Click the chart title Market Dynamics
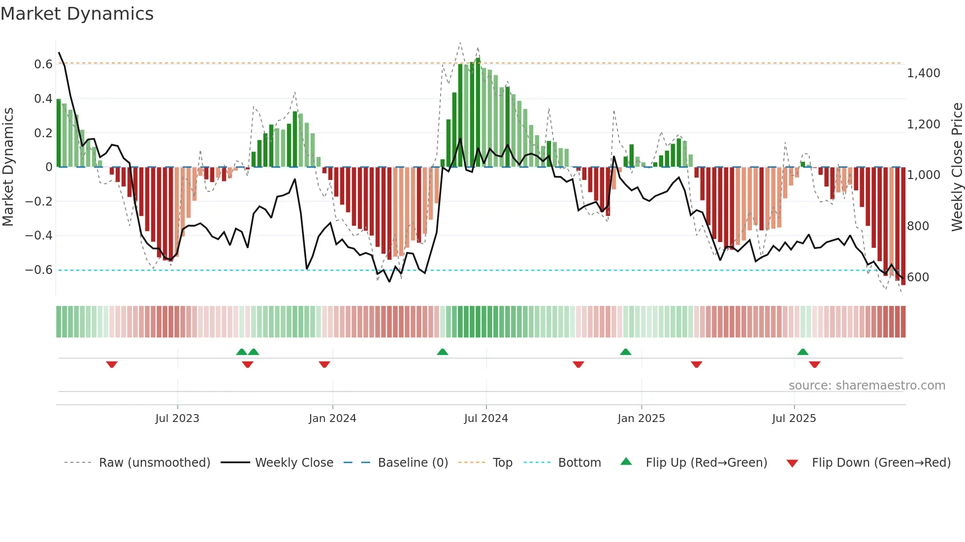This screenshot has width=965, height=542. pos(77,14)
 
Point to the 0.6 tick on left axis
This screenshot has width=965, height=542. pos(43,64)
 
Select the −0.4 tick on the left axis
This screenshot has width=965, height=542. pos(39,236)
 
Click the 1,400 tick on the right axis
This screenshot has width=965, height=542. pos(923,73)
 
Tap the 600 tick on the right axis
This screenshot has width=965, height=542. pos(918,277)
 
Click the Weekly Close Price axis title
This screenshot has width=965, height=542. pos(957,167)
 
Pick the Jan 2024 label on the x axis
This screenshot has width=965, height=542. pos(332,419)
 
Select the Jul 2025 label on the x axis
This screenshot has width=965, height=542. pos(794,419)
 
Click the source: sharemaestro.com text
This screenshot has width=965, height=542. pos(867,386)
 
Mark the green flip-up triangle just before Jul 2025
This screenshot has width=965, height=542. pos(803,352)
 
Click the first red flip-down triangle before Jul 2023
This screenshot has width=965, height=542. pos(112,364)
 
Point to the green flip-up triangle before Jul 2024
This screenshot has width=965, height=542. pos(442,352)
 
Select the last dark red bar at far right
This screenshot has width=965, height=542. pos(903,226)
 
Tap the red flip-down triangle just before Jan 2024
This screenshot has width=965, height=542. pos(324,364)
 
